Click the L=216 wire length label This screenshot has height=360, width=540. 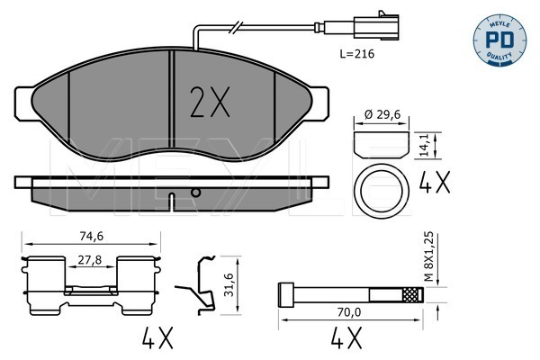point(356,54)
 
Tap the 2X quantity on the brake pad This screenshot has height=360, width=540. point(210,102)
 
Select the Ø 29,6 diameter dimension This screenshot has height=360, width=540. point(382,114)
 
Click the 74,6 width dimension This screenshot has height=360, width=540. point(92,236)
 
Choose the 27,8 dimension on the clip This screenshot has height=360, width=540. point(89,260)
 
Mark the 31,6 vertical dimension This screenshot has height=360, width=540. point(229,284)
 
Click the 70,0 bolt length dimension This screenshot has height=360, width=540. point(350,312)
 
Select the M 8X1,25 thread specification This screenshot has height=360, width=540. point(428,256)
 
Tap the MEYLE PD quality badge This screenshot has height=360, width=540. point(499,40)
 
